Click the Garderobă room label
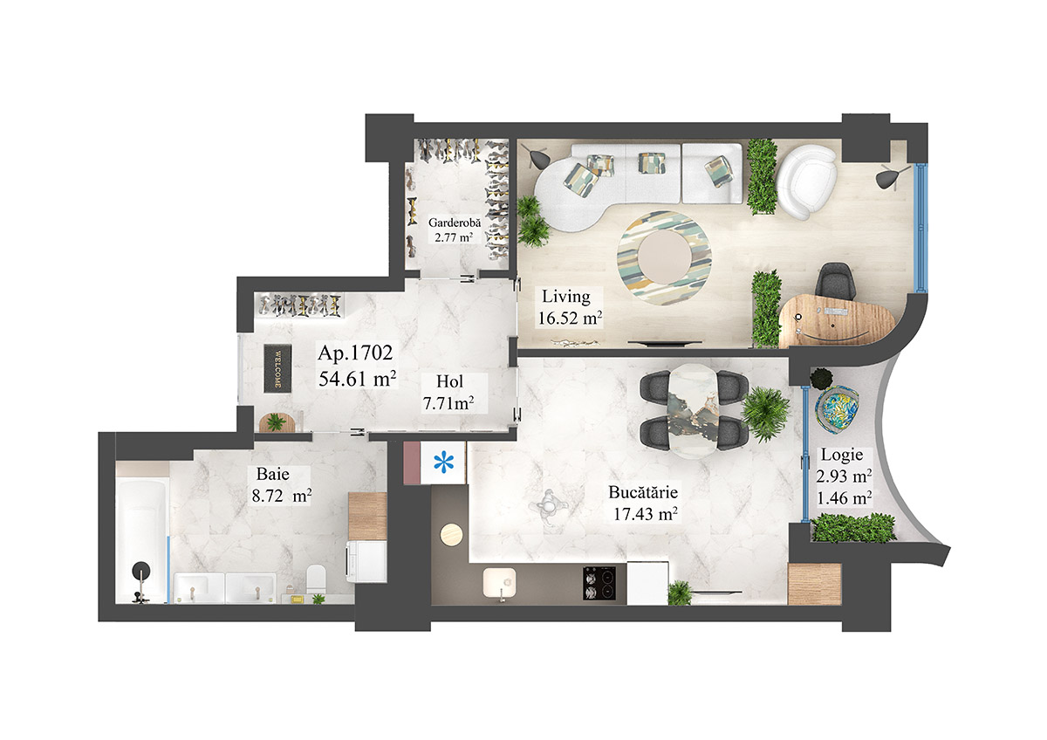(451, 222)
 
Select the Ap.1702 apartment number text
(356, 354)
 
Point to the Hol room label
(450, 381)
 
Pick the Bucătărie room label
(644, 492)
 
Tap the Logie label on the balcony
(842, 455)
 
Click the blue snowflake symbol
(445, 462)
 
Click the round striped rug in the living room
(665, 255)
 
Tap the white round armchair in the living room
(804, 182)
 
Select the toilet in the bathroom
(317, 577)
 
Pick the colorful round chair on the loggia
(838, 408)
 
